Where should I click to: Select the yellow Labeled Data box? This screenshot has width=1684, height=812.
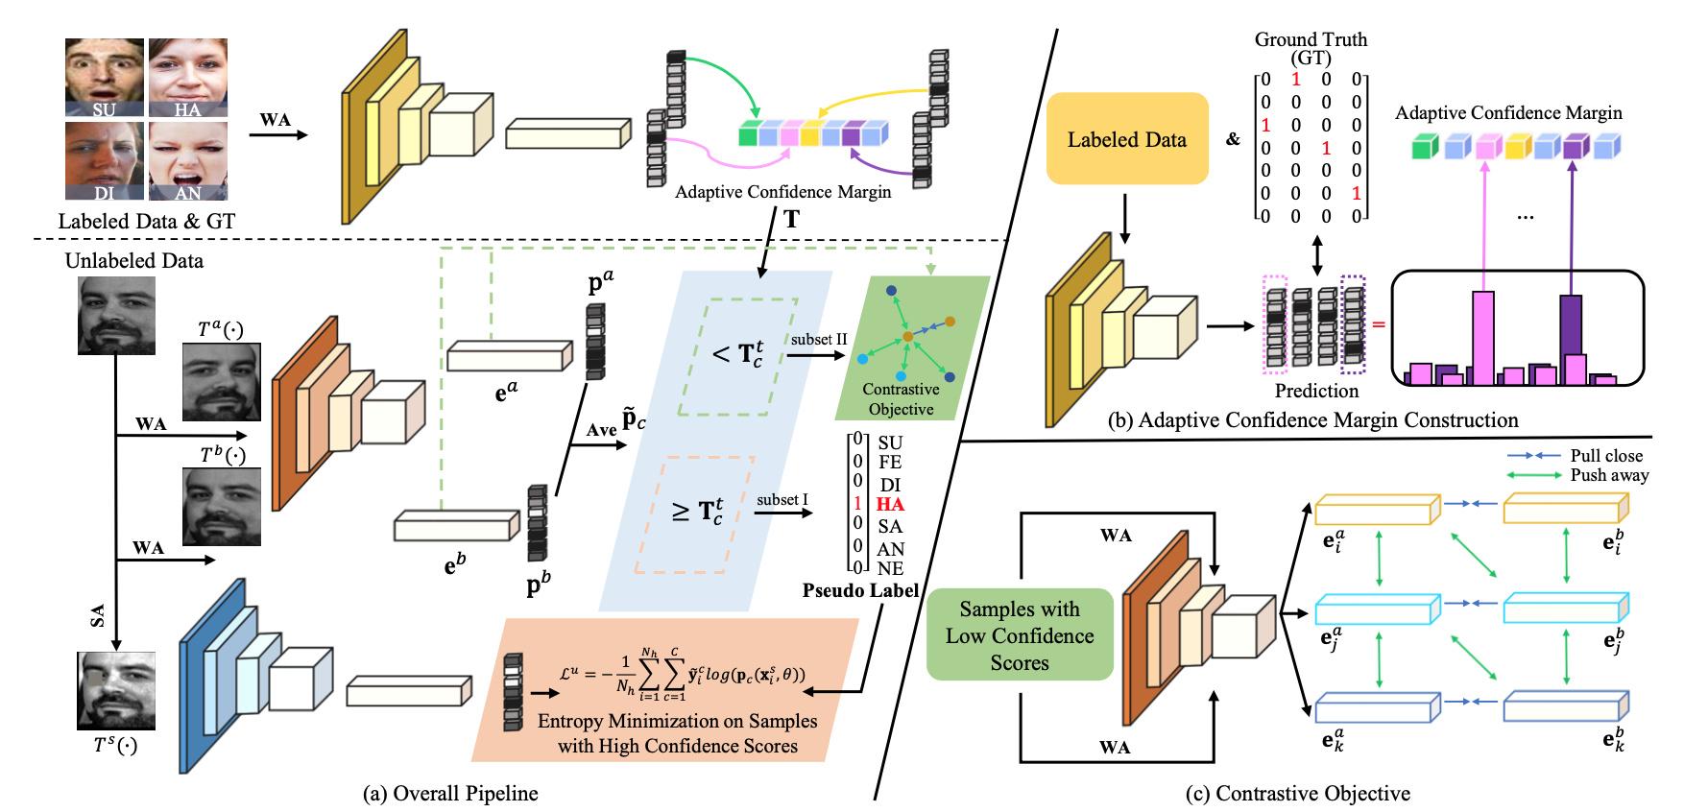(x=1126, y=139)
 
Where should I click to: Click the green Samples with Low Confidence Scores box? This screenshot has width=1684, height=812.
(x=1020, y=635)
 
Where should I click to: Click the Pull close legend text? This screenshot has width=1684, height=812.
(x=1605, y=456)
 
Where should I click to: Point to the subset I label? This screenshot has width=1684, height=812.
(x=782, y=500)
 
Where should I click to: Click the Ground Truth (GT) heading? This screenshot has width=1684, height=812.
(x=1311, y=48)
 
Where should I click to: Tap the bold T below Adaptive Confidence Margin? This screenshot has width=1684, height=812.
(x=791, y=220)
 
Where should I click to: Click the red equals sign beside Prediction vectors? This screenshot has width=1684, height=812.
(x=1380, y=324)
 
